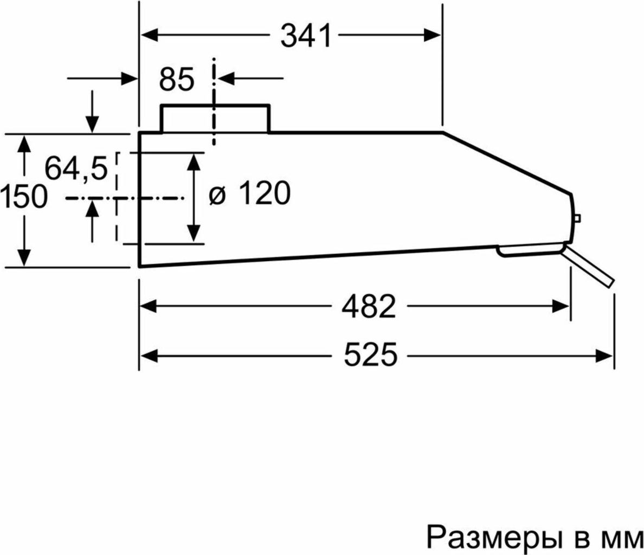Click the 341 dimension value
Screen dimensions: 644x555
coord(306,36)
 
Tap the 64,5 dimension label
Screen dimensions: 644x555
coord(76,169)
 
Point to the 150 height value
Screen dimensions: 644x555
coord(23,196)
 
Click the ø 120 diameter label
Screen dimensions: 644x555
coord(250,193)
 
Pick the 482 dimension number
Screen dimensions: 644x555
coord(369,306)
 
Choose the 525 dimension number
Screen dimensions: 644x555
coord(370,354)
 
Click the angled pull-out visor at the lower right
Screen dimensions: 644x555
coord(588,265)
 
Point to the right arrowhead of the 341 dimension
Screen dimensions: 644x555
coord(432,35)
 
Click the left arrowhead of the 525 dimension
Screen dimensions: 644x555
coord(149,354)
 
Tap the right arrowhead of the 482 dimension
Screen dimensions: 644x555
coord(561,306)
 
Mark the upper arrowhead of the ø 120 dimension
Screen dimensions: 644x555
coord(194,162)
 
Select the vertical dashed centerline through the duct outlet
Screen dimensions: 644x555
coord(214,102)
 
